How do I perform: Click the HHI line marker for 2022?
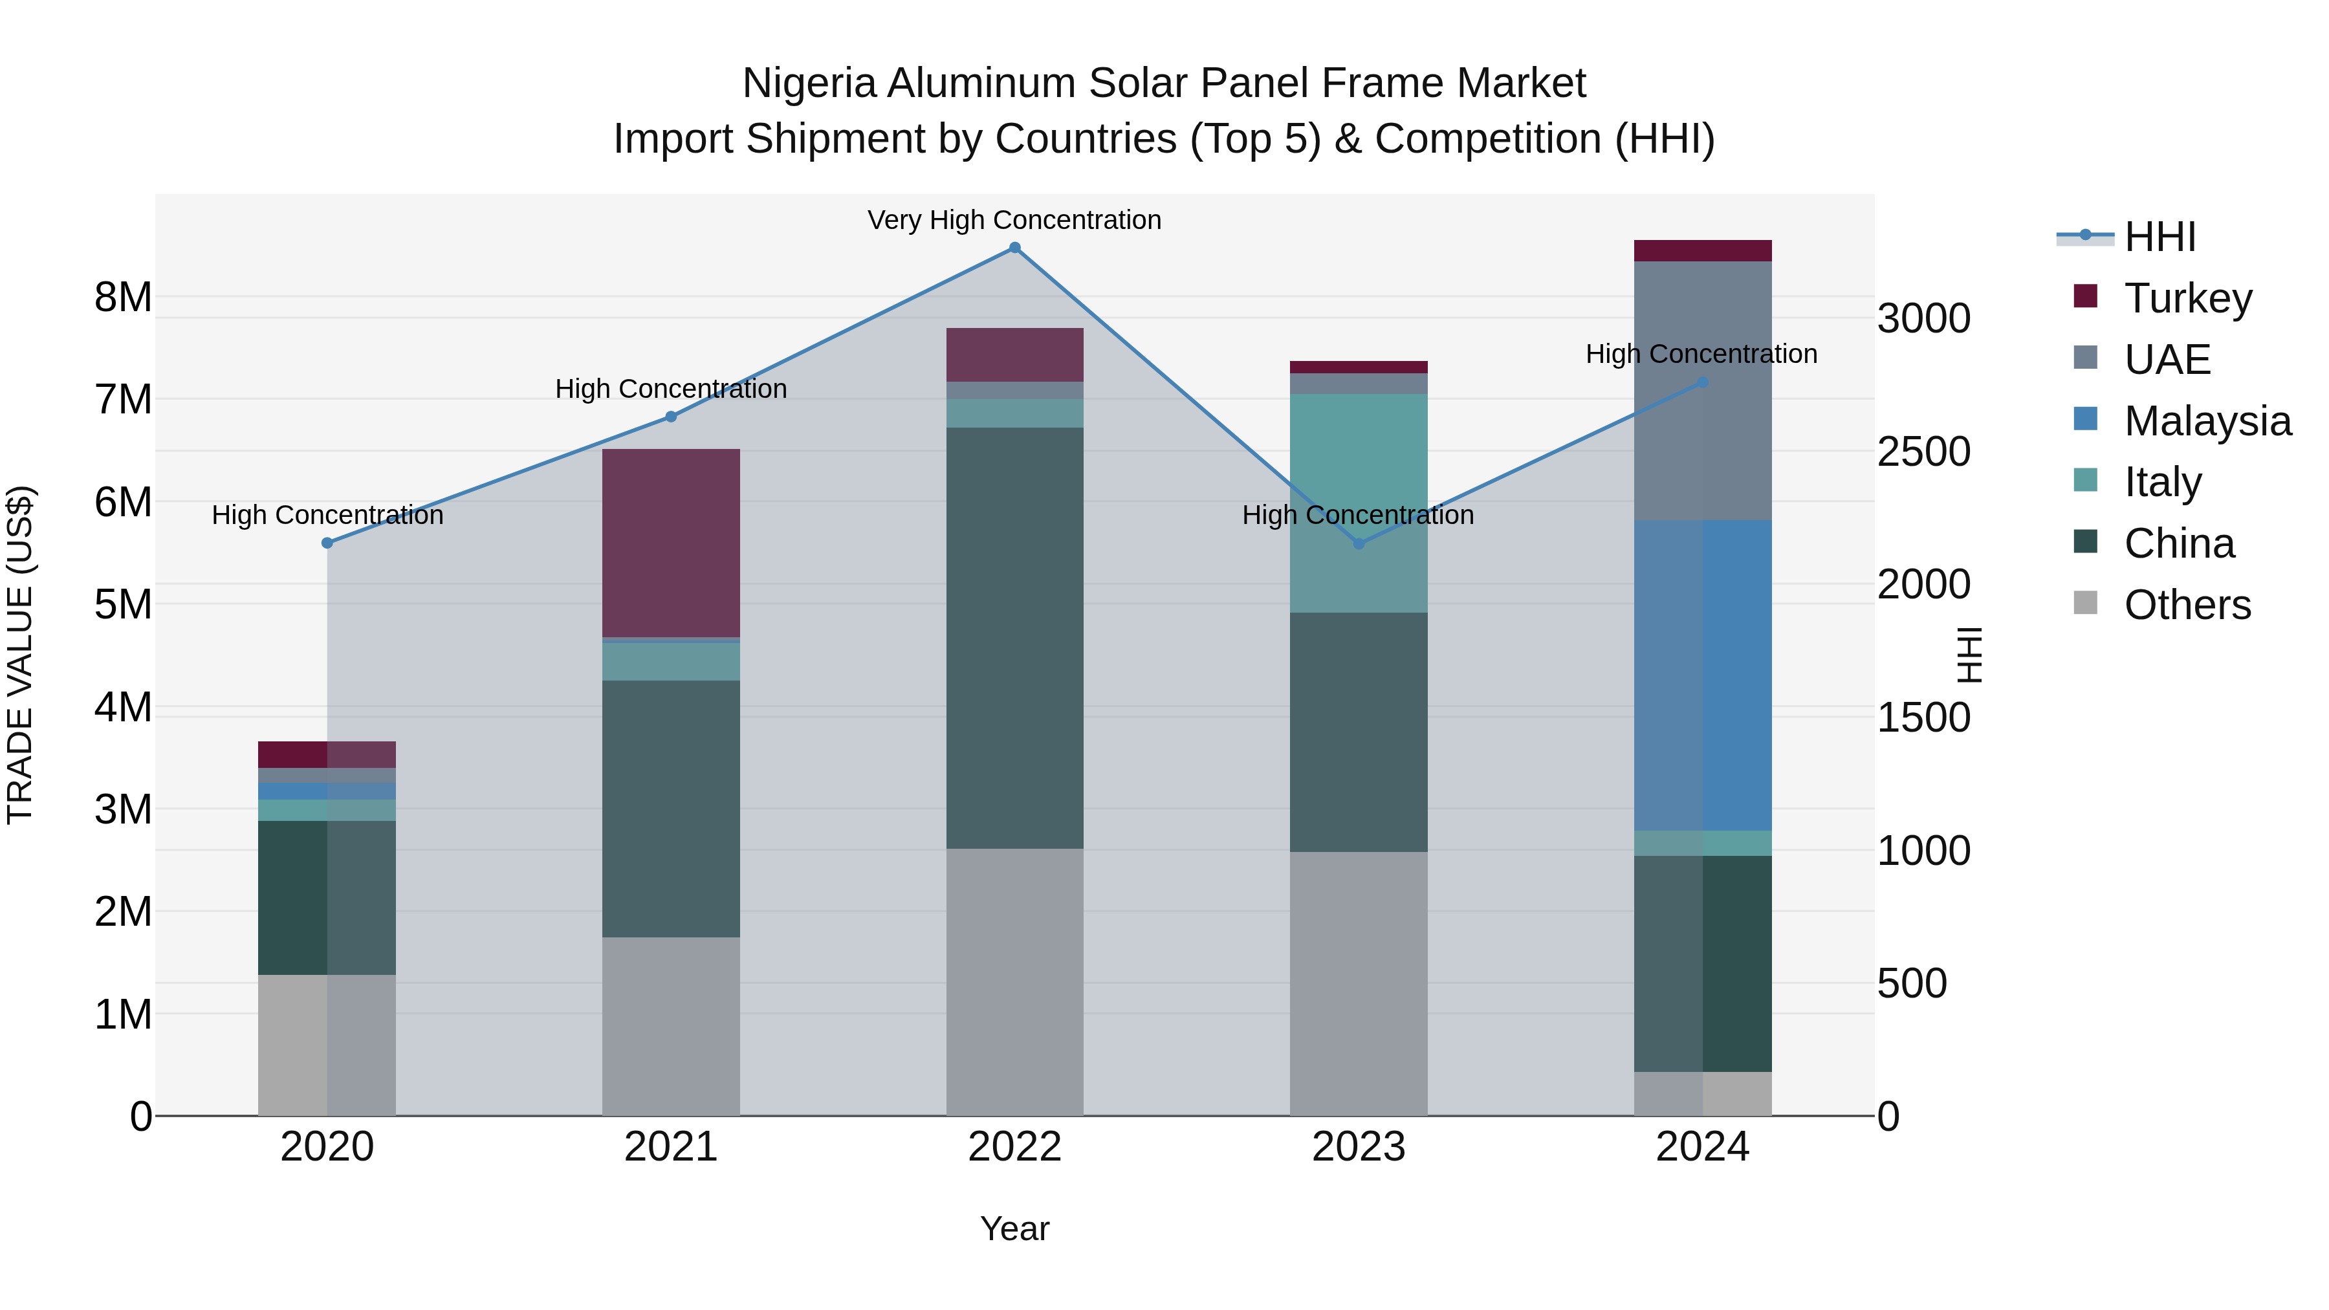[x=1014, y=248]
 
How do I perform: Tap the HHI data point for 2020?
[x=327, y=543]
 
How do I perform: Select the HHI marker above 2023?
[x=1358, y=543]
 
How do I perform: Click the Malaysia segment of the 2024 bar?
[x=1703, y=675]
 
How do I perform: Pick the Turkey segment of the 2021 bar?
[x=671, y=543]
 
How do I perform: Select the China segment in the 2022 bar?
[x=1014, y=637]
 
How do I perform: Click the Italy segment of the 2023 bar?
[x=1358, y=503]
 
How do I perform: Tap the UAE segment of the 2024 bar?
[x=1703, y=391]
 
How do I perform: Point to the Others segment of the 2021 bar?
[x=671, y=1026]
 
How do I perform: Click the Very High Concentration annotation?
[x=1014, y=220]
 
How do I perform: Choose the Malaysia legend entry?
[x=2206, y=421]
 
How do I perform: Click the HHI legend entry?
[x=2159, y=237]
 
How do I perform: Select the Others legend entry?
[x=2186, y=605]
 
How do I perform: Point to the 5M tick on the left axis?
[x=123, y=604]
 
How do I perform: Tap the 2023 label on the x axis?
[x=1358, y=1147]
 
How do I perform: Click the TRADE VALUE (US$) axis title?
[x=20, y=655]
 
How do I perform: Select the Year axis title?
[x=1014, y=1228]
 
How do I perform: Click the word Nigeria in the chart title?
[x=809, y=83]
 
